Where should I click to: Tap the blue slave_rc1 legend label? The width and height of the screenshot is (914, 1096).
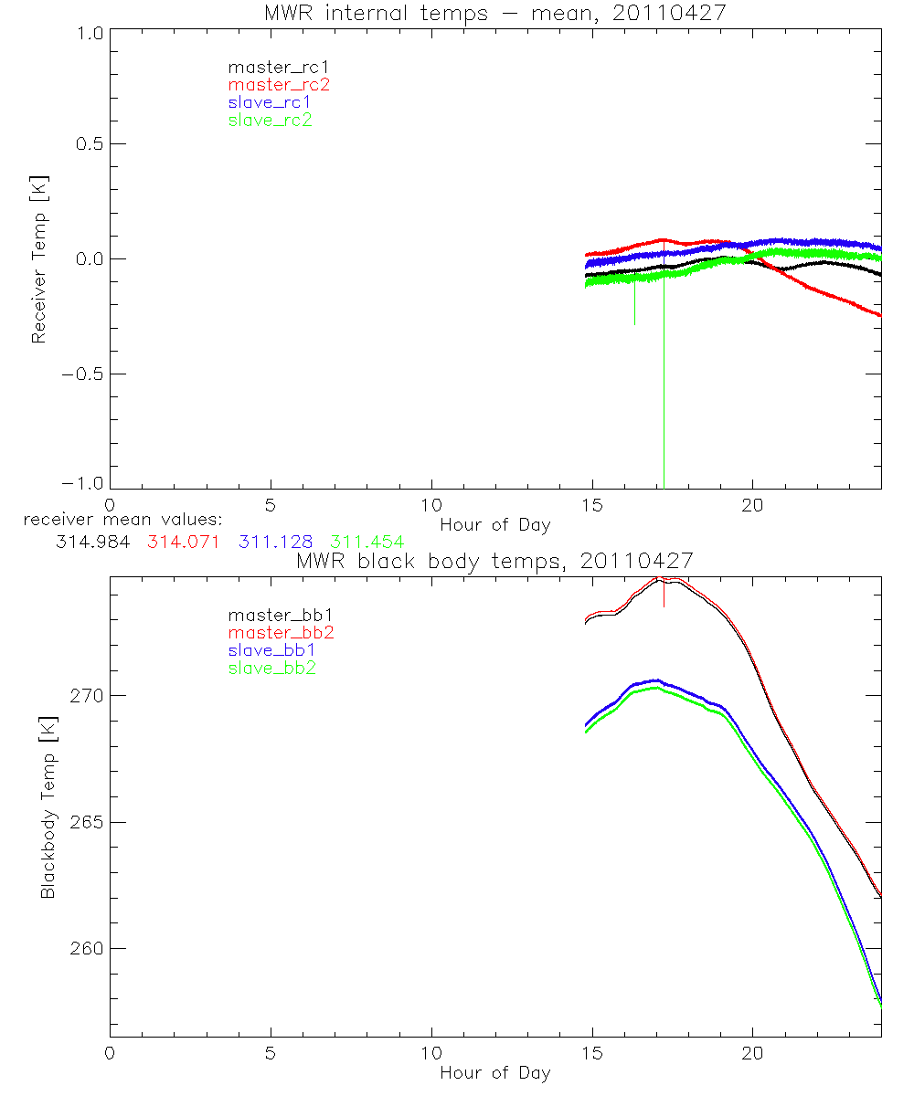pos(271,102)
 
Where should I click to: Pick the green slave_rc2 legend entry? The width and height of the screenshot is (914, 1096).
pos(271,120)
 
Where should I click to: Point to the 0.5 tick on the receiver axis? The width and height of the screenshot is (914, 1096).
pos(85,144)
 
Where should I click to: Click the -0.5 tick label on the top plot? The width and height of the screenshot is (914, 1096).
pos(80,374)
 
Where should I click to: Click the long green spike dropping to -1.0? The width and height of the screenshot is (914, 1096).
pos(664,411)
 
